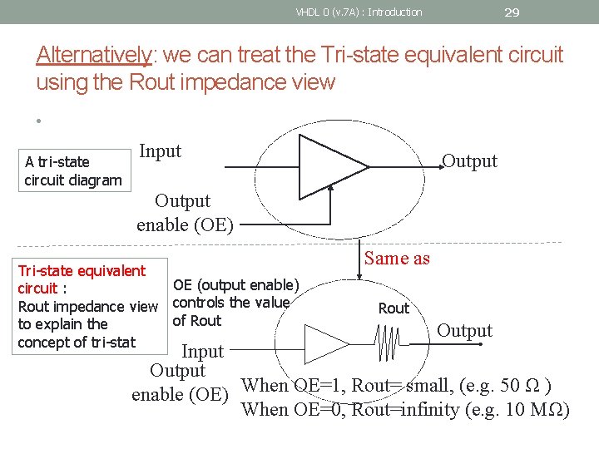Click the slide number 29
[512, 12]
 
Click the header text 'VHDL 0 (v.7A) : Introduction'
[359, 12]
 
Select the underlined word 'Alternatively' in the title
[94, 55]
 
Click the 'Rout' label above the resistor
[394, 308]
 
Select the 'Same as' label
[397, 259]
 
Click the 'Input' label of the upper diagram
[160, 151]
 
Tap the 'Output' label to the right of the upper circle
[469, 161]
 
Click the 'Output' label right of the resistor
[464, 331]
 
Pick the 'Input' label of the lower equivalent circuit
[202, 352]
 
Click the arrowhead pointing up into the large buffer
[331, 189]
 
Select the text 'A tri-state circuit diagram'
[72, 170]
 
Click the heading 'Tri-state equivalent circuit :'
[82, 279]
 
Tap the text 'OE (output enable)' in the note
[235, 285]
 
